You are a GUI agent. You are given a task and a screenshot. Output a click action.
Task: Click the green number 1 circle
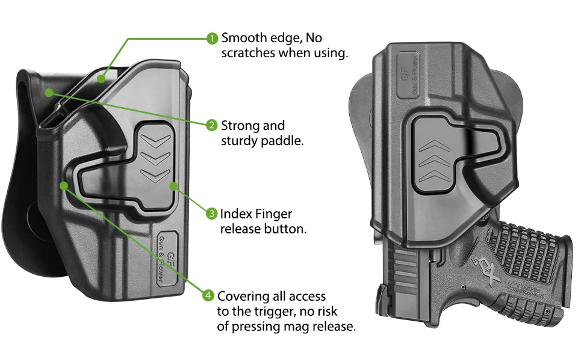click(212, 39)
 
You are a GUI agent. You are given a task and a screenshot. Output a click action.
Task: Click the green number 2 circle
click(212, 126)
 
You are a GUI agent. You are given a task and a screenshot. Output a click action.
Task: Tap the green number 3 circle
click(211, 214)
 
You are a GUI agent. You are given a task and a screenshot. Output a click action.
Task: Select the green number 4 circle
click(208, 296)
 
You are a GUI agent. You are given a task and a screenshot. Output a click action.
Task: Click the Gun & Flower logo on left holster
click(167, 258)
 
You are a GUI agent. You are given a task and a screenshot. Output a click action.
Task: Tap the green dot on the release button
click(173, 186)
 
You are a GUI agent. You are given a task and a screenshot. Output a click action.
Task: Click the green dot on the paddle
click(49, 93)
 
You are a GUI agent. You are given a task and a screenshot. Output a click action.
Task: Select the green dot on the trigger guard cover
click(64, 185)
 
